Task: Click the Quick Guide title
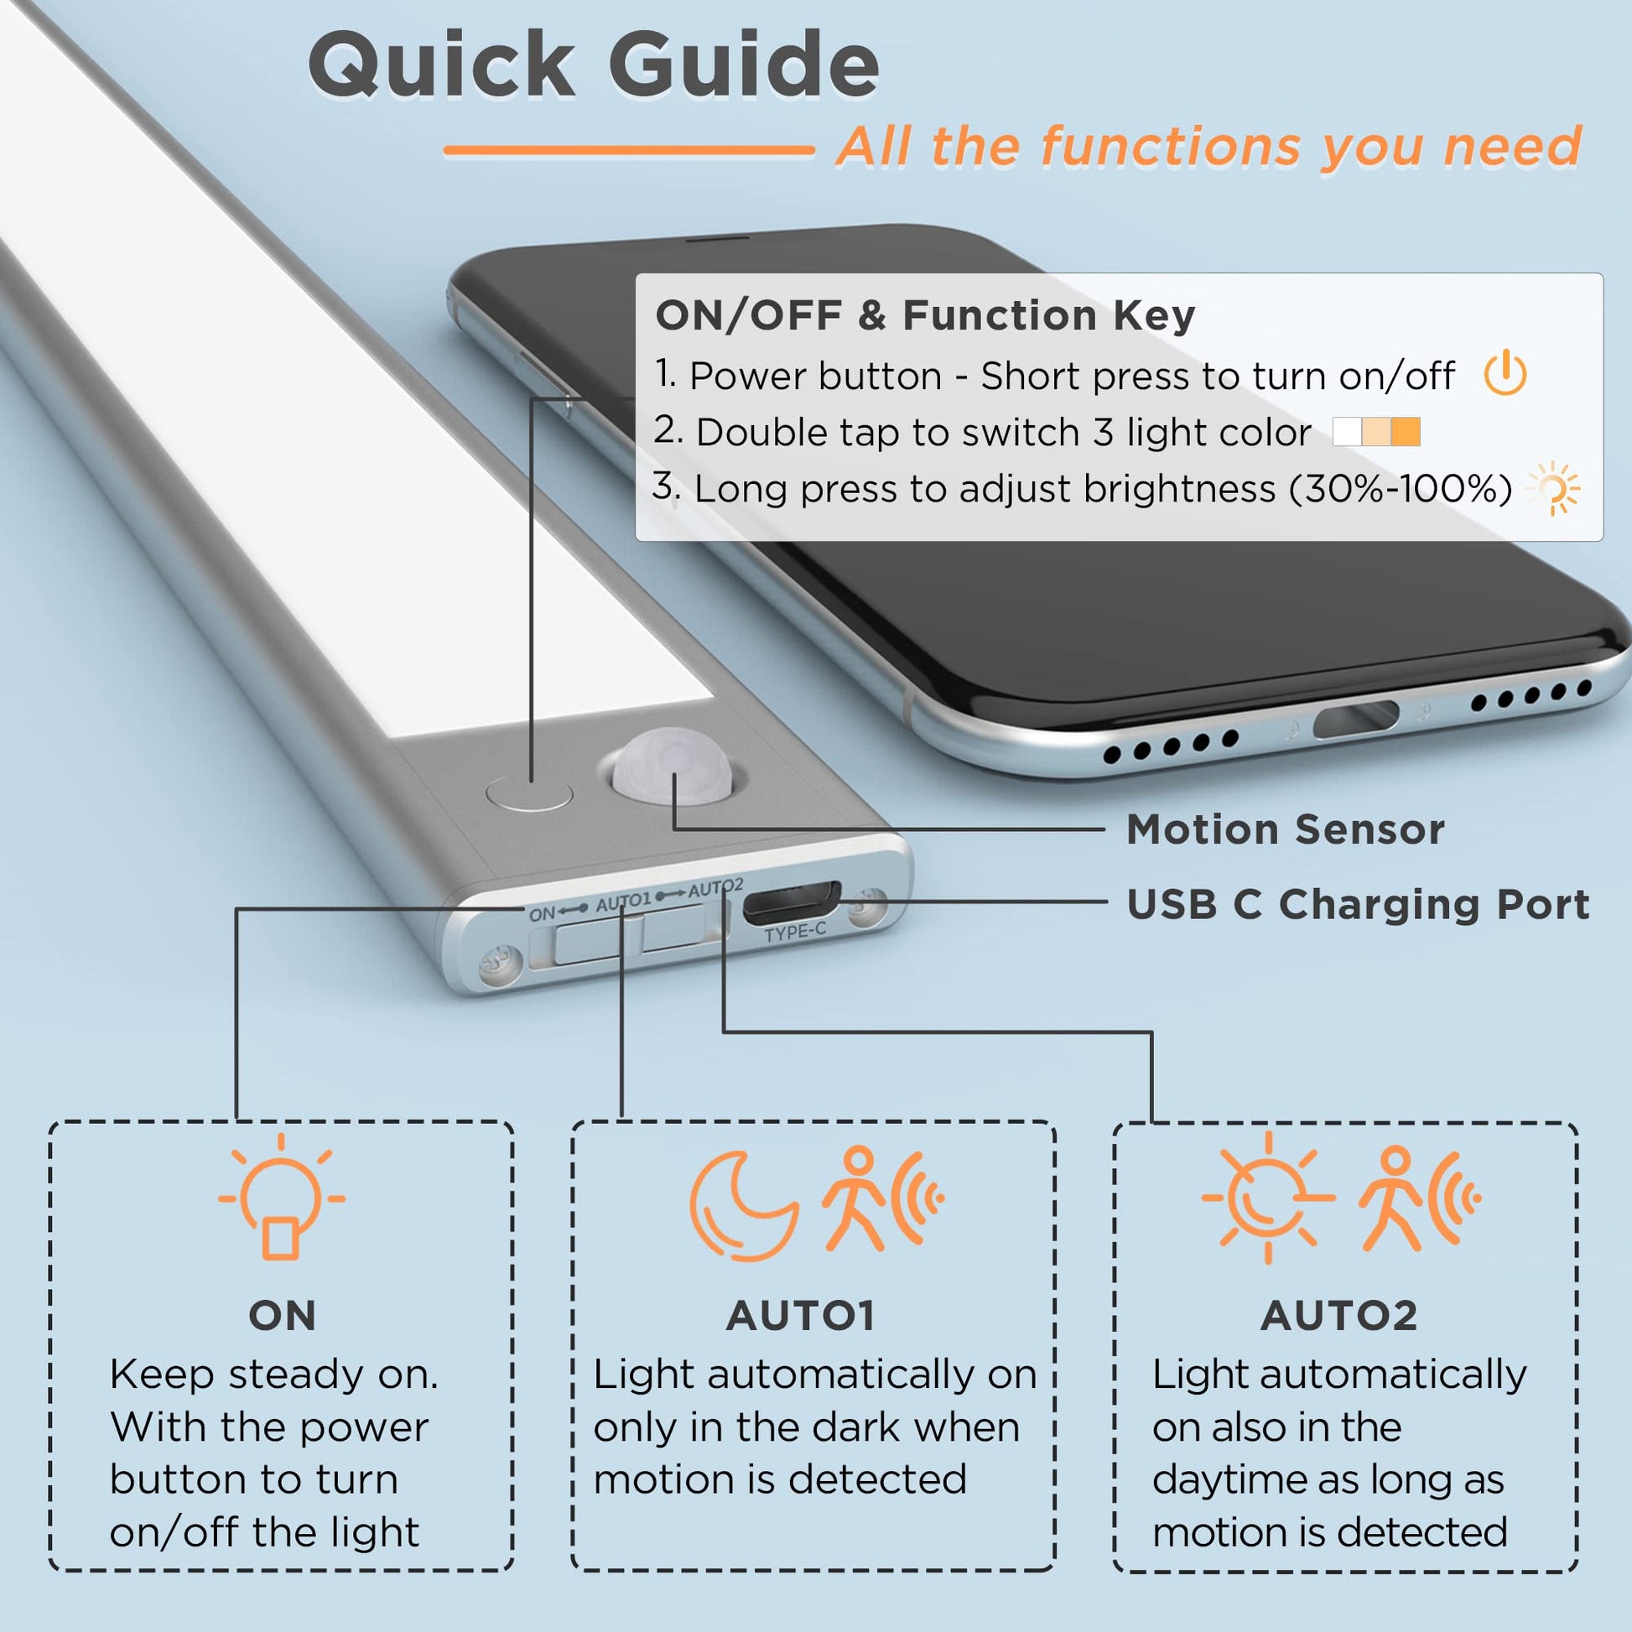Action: click(594, 66)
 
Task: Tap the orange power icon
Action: click(1505, 373)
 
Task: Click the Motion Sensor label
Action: click(1285, 829)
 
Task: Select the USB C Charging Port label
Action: click(1358, 905)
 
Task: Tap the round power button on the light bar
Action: click(530, 793)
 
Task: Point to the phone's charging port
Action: click(1356, 719)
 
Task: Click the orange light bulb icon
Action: click(281, 1196)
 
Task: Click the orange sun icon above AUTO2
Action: click(1267, 1198)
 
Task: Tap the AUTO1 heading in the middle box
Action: click(800, 1315)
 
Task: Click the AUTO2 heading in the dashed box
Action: click(1338, 1315)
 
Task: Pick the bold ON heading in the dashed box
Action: click(282, 1315)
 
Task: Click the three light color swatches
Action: click(1376, 432)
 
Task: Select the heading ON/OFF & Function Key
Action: click(925, 315)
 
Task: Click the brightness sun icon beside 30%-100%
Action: click(1553, 488)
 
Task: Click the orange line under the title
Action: click(629, 151)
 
